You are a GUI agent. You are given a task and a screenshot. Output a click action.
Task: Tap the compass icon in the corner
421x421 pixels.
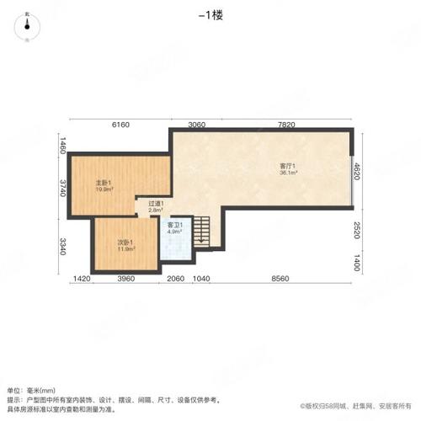point(30,25)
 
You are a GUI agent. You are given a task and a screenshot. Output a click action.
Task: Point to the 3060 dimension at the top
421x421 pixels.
point(197,125)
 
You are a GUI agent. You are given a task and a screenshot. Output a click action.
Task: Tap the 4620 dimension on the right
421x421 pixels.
point(357,171)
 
